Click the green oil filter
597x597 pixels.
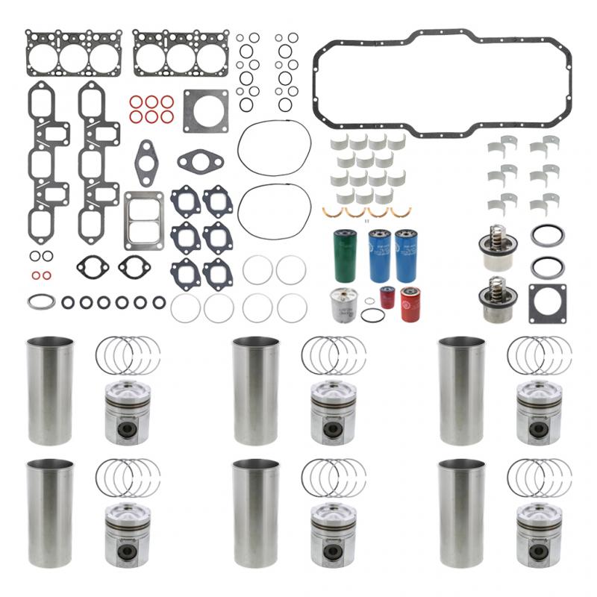345,255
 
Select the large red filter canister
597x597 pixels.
410,304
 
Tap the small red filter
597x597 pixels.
387,296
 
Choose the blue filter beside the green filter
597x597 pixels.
380,255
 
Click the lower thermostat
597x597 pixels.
494,299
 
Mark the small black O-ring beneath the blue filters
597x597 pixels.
369,316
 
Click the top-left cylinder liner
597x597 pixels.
51,390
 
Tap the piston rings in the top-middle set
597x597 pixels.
334,356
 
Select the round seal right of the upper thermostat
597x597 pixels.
547,237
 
